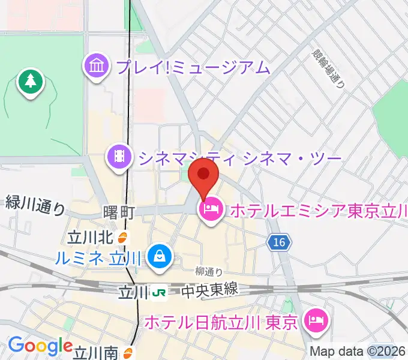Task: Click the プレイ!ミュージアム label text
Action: coord(193,67)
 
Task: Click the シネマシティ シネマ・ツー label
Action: coord(239,158)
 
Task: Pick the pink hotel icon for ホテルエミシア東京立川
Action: coord(211,210)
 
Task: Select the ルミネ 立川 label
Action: coord(98,259)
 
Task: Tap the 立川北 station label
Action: coord(90,238)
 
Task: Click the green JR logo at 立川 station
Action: coord(160,292)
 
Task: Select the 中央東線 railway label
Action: coord(210,290)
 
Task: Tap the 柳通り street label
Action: coord(208,272)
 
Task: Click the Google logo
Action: coord(40,346)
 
